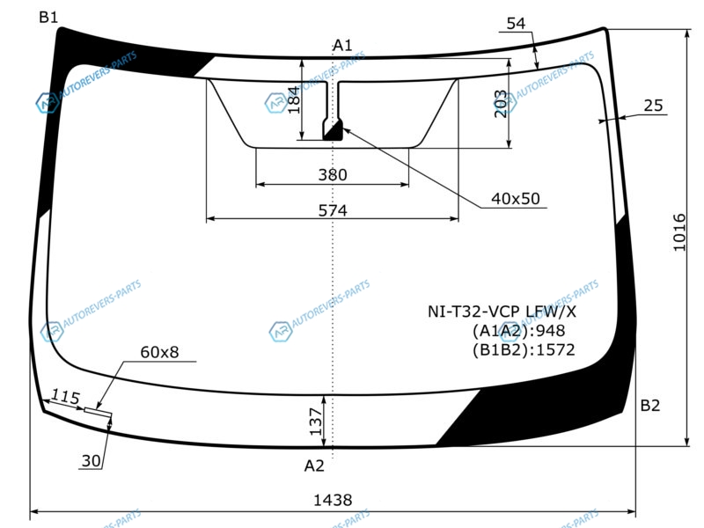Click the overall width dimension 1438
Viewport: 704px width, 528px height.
(x=333, y=500)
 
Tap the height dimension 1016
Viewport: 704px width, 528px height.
(x=679, y=232)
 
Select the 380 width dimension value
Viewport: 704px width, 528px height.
(x=333, y=174)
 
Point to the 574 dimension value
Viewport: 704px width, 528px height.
(x=333, y=210)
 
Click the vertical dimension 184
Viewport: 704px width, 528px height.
(x=293, y=99)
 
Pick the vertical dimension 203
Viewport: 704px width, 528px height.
(x=500, y=104)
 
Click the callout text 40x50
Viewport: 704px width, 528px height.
(x=516, y=199)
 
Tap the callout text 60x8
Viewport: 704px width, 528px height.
(x=159, y=352)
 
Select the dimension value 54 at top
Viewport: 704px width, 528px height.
(x=516, y=24)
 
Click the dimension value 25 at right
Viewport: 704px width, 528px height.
(x=653, y=106)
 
